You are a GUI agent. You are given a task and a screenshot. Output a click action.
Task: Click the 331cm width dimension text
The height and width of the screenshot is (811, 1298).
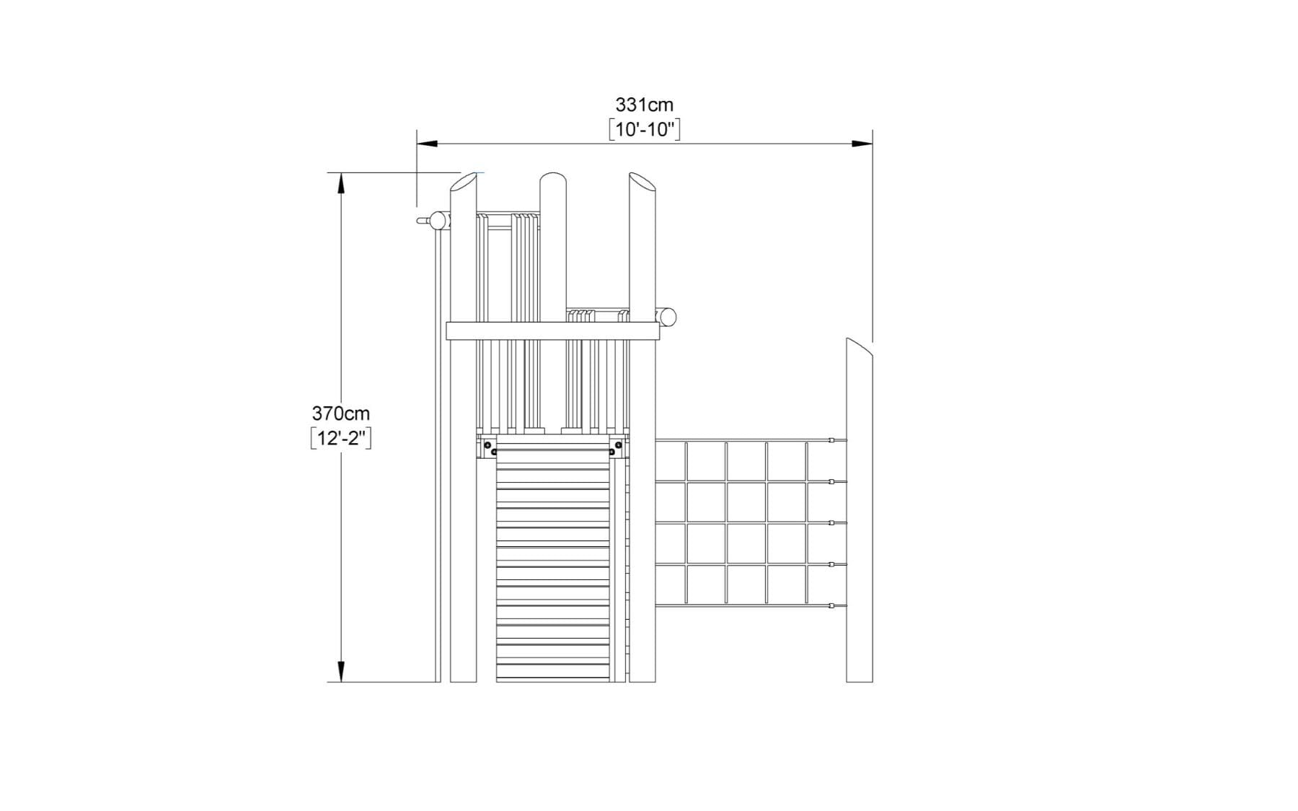[x=644, y=105]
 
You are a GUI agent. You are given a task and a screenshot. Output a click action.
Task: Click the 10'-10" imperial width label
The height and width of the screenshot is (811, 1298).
[x=644, y=130]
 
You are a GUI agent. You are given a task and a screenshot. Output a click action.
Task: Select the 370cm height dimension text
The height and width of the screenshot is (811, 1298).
[x=340, y=413]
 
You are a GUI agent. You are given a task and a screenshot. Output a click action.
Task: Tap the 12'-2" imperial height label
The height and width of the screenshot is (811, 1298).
[x=341, y=438]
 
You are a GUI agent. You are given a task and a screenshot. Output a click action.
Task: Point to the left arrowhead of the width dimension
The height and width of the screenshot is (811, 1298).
[x=427, y=144]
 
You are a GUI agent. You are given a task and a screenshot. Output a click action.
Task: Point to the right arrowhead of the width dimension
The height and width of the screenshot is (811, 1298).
[x=862, y=144]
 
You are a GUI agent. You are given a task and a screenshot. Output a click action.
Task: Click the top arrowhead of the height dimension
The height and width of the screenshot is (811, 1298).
[x=341, y=183]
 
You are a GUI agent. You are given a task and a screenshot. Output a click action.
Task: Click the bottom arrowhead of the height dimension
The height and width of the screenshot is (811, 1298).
[x=341, y=672]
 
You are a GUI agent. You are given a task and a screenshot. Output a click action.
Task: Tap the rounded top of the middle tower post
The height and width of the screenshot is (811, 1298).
[x=553, y=179]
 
